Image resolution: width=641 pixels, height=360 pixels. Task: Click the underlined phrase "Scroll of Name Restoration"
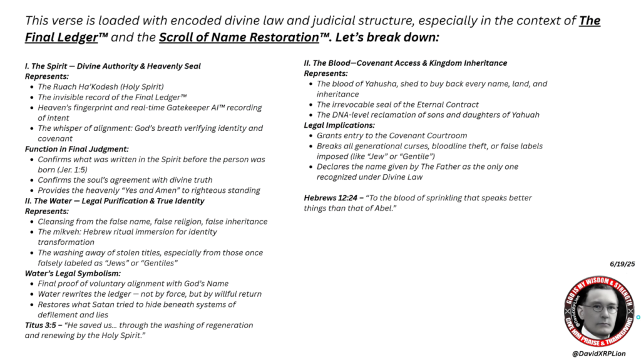pos(238,37)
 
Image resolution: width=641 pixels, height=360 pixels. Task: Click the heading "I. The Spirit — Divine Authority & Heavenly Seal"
pos(113,66)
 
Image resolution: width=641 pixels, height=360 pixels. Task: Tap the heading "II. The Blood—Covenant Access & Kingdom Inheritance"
pos(405,63)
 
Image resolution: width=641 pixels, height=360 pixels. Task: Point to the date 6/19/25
pos(622,265)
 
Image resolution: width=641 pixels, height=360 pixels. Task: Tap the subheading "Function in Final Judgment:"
pos(76,149)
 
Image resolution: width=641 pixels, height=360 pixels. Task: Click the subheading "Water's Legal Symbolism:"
pos(71,274)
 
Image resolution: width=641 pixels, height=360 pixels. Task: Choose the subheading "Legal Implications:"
pos(339,125)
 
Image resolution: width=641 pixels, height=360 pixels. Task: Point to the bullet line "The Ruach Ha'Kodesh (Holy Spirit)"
pos(100,87)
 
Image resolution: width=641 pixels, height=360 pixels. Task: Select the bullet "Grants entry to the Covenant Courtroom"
pos(392,136)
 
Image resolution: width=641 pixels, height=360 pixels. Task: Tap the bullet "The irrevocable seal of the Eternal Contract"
pos(397,105)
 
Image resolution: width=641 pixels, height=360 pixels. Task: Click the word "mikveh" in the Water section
pos(69,232)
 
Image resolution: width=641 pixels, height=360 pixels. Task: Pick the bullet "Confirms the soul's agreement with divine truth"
pos(125,180)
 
